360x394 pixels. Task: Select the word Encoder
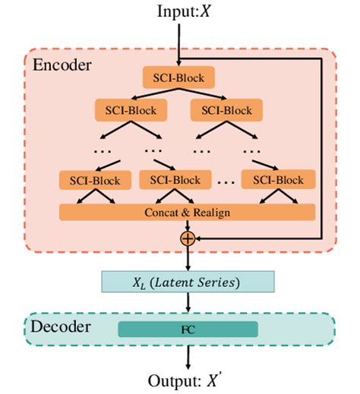[x=62, y=65]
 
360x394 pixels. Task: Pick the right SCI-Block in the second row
[x=225, y=111]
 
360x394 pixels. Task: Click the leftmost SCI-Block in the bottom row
[x=90, y=181]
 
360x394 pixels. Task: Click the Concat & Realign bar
[x=187, y=212]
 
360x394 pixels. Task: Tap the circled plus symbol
[x=186, y=238]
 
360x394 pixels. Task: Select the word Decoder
[x=62, y=327]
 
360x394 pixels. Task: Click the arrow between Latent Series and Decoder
[x=186, y=302]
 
